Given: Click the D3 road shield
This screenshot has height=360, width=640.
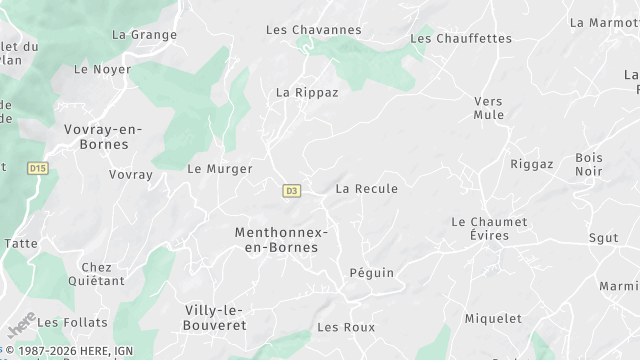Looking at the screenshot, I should point(292,190).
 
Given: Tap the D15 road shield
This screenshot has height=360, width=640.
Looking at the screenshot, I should point(38,169).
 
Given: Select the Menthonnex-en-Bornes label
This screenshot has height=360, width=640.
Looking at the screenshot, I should point(281,239).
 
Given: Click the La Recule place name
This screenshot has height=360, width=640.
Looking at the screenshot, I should point(367,189).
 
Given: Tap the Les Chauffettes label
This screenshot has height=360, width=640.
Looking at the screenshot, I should point(461,39).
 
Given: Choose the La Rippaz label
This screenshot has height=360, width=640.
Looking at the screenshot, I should point(307,92).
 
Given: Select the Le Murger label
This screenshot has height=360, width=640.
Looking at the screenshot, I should point(220,169).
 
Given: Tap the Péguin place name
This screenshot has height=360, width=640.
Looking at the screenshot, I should point(372,273).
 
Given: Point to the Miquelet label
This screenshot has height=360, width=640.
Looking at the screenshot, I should point(493,319).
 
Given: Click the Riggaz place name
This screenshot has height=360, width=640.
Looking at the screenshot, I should point(531,164).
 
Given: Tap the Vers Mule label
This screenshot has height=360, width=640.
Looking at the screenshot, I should point(488,108).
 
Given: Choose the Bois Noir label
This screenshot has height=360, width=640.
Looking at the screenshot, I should point(589,165).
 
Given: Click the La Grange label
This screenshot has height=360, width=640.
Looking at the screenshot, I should point(144,35).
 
